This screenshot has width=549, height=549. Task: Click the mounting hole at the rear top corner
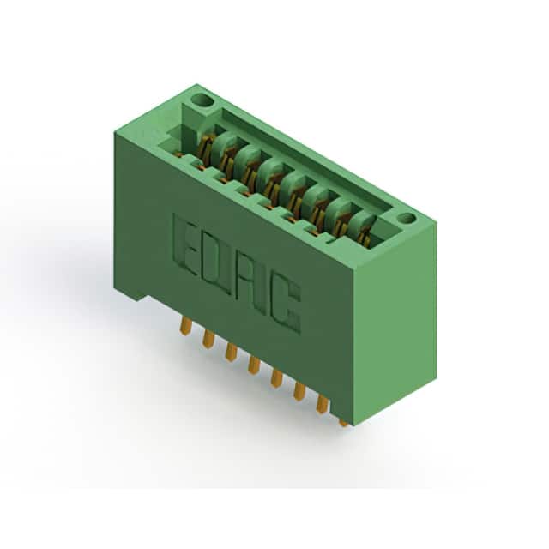pyautogui.click(x=201, y=102)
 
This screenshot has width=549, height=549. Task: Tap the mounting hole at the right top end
pyautogui.click(x=407, y=218)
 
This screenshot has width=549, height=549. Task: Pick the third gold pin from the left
pyautogui.click(x=230, y=352)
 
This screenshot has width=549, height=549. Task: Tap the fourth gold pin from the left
pyautogui.click(x=253, y=365)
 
